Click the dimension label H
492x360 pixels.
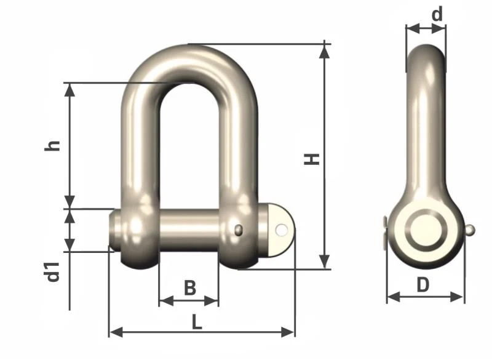(314, 158)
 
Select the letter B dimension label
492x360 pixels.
(190, 287)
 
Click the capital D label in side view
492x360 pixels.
(423, 285)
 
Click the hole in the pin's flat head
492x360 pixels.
(282, 230)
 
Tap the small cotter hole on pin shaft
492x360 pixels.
(239, 230)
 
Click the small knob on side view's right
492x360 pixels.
(470, 230)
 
